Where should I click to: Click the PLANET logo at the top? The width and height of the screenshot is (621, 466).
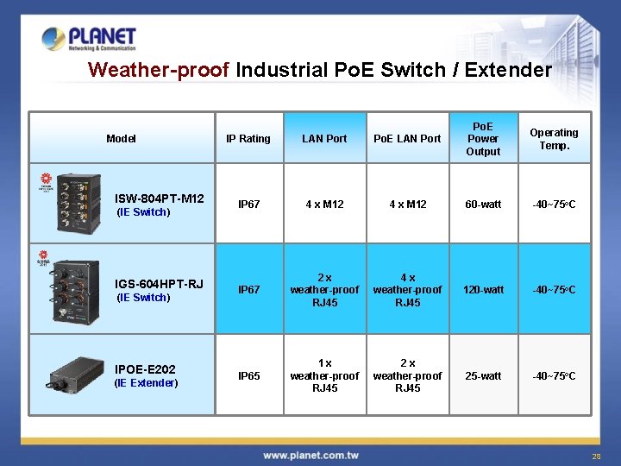[89, 39]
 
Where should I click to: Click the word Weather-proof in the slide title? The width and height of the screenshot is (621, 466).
[159, 70]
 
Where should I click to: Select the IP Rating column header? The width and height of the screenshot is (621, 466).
[248, 138]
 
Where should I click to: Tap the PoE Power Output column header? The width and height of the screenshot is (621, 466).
[483, 138]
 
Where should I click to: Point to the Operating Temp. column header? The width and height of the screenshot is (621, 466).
[554, 138]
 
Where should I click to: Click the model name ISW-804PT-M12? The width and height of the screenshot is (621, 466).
[160, 198]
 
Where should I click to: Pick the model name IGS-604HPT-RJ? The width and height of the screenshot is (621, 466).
[160, 283]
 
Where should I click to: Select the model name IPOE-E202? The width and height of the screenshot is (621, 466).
[146, 368]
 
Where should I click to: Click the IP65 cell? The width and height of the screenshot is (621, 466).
[248, 376]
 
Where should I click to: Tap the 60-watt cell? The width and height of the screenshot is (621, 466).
[483, 205]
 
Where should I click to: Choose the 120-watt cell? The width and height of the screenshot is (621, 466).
[483, 290]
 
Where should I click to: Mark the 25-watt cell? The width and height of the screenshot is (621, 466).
[483, 376]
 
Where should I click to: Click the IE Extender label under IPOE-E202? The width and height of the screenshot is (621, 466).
[146, 383]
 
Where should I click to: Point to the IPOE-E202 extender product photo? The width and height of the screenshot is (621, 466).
[77, 375]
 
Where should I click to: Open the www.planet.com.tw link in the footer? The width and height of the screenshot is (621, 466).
[310, 455]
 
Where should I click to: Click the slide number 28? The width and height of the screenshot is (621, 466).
[595, 456]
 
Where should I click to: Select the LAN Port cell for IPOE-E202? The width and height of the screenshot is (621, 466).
[324, 376]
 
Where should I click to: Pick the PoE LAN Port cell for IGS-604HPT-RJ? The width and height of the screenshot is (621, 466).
[408, 290]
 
